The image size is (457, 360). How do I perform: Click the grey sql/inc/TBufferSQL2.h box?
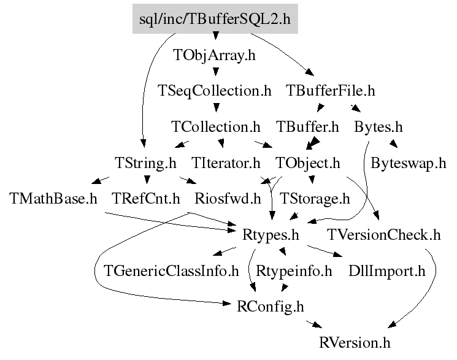point(215,19)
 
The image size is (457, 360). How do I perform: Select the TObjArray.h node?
point(215,55)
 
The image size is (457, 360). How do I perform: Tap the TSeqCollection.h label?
point(215,91)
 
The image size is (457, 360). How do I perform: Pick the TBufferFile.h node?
point(331,91)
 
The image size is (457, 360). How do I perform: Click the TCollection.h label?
point(216,128)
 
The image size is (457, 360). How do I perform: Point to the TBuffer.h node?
point(307,128)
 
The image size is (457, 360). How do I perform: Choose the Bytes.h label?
point(378,128)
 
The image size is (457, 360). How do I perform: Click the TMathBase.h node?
point(54,199)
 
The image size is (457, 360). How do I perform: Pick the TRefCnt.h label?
point(146,199)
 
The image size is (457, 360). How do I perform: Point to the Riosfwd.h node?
point(227,199)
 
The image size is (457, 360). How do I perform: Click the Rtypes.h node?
point(271,234)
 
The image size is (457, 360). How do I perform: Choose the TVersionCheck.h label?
point(384,234)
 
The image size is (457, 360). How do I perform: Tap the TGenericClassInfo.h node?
point(172,270)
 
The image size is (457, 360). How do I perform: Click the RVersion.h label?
point(355,342)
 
